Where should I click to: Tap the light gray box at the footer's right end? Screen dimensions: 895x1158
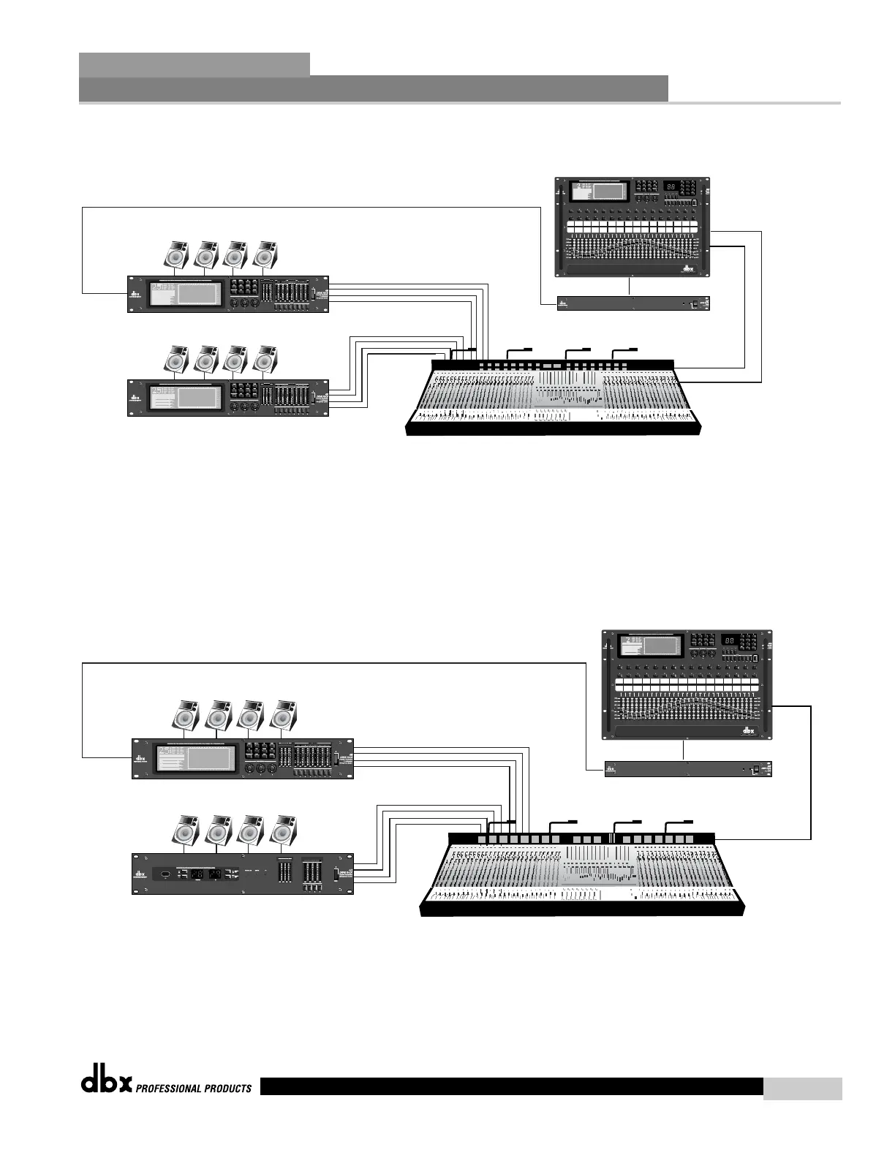click(x=802, y=1089)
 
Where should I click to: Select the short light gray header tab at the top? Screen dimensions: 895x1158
click(x=194, y=64)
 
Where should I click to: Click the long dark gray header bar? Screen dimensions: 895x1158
click(x=373, y=88)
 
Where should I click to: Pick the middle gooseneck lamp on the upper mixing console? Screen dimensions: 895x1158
click(x=577, y=349)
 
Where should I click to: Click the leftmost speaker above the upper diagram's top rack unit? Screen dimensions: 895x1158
click(x=175, y=255)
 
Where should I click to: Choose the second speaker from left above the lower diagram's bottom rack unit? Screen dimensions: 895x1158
click(x=219, y=831)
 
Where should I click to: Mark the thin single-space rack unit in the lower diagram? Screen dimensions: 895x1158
click(x=688, y=769)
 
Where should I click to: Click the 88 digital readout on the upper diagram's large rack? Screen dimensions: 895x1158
click(x=671, y=187)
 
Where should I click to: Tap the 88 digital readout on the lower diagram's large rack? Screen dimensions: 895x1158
click(x=729, y=640)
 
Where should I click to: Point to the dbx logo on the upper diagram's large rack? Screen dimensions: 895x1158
click(x=687, y=268)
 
